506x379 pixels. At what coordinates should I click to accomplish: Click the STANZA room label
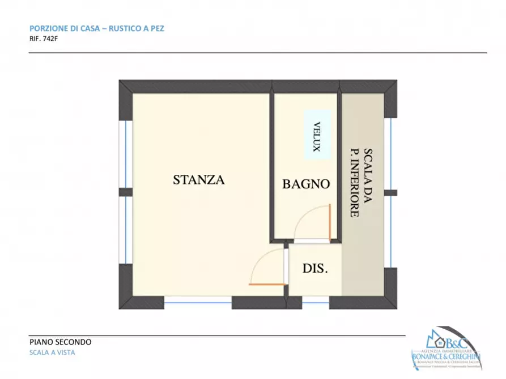pyautogui.click(x=199, y=180)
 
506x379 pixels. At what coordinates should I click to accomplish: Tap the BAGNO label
pyautogui.click(x=306, y=184)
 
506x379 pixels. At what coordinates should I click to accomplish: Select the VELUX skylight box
pyautogui.click(x=317, y=134)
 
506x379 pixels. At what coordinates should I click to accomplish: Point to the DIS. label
pyautogui.click(x=314, y=269)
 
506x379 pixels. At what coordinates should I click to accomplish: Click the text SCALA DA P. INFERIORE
pyautogui.click(x=360, y=183)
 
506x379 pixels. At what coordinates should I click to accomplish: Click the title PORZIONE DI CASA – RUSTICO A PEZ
pyautogui.click(x=96, y=28)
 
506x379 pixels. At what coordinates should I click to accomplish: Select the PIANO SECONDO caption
pyautogui.click(x=60, y=342)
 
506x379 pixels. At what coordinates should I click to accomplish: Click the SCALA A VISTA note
pyautogui.click(x=52, y=352)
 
